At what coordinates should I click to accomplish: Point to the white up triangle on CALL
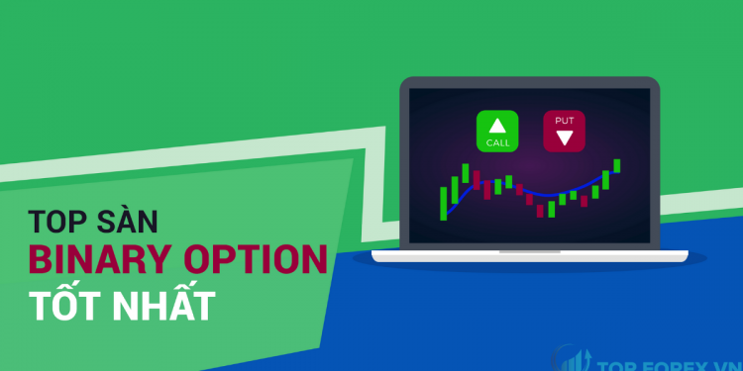coord(497,125)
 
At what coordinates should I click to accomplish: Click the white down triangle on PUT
coord(563,139)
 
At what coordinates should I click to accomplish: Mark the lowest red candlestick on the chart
coord(541,207)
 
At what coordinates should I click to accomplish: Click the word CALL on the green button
coord(497,143)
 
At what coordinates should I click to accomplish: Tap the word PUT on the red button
coord(563,121)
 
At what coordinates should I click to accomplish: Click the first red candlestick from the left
coord(476,180)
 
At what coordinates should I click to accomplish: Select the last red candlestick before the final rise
coord(584,200)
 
